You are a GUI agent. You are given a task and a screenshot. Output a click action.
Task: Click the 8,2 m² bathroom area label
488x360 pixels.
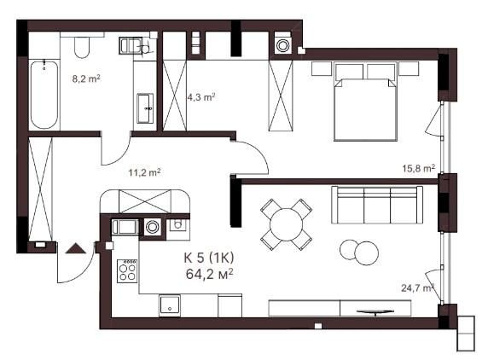tap(86, 78)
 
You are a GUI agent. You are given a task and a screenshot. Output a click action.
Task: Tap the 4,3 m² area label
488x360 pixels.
tap(201, 97)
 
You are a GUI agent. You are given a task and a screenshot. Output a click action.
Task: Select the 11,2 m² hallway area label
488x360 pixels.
tap(145, 172)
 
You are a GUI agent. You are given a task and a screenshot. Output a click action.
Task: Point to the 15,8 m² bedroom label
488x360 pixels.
tap(419, 168)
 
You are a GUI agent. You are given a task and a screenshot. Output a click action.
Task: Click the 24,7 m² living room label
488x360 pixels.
tap(417, 287)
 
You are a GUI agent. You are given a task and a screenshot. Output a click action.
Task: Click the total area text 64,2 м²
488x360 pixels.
tap(210, 274)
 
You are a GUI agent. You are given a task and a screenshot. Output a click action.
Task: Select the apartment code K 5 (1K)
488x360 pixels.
tap(209, 258)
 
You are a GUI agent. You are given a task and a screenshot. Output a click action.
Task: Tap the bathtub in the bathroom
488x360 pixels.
tap(44, 95)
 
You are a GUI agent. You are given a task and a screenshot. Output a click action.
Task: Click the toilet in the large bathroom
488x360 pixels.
tap(82, 47)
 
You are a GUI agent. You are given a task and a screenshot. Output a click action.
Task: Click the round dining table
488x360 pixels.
tap(287, 224)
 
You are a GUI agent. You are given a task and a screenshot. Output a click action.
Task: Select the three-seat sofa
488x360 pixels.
tap(377, 205)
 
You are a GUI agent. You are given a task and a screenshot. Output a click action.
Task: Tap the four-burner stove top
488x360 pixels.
tap(127, 271)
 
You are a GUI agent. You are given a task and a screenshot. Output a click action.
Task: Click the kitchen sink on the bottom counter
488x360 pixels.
tap(170, 305)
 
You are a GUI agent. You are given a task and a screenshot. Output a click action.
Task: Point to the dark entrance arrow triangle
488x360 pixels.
tap(76, 248)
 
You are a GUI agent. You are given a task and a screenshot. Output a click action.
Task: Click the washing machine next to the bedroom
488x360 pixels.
tap(282, 45)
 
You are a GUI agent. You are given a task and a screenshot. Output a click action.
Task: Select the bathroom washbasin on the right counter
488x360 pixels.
tap(145, 108)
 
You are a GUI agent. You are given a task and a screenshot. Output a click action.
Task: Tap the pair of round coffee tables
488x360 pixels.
tap(359, 252)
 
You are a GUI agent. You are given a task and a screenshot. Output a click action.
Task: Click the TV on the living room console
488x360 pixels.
tap(375, 311)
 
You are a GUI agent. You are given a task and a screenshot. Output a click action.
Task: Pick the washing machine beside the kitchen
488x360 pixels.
tap(153, 227)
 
